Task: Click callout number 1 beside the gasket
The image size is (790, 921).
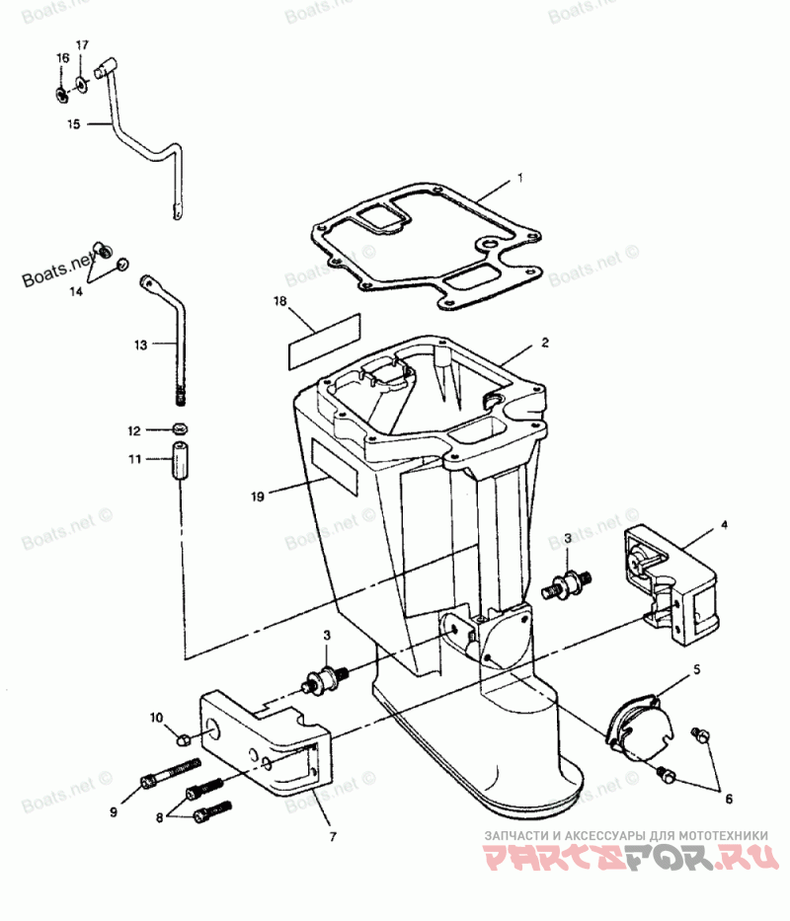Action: (519, 181)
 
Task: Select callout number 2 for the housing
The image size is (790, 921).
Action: (545, 344)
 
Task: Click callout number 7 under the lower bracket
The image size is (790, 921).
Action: (333, 837)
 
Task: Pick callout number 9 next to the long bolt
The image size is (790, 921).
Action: (114, 811)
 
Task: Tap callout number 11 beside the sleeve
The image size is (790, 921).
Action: (135, 459)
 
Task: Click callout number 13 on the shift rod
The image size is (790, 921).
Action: (140, 345)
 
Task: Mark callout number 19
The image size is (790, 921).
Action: (258, 498)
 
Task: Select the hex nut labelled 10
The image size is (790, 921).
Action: (183, 738)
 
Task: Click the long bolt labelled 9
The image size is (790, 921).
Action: (172, 772)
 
